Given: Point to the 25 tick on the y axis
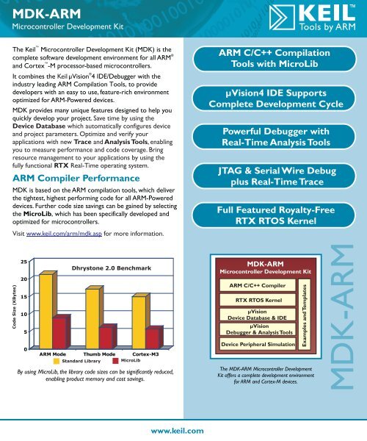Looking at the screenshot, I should click(x=25, y=262).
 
